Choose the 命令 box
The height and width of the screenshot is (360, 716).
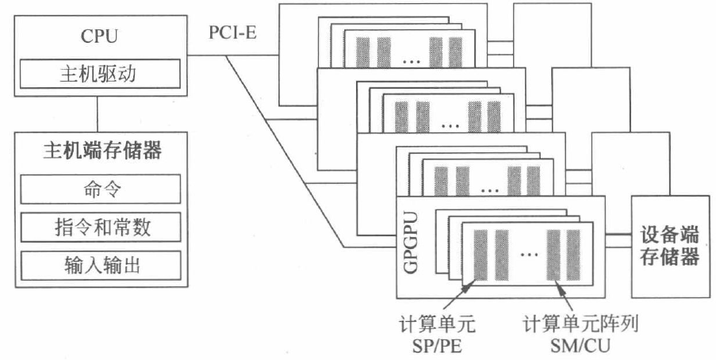[x=99, y=191]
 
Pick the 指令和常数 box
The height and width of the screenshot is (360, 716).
[x=99, y=228]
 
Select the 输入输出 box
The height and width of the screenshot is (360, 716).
[x=99, y=265]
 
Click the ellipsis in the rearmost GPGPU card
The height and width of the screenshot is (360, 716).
[x=410, y=59]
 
